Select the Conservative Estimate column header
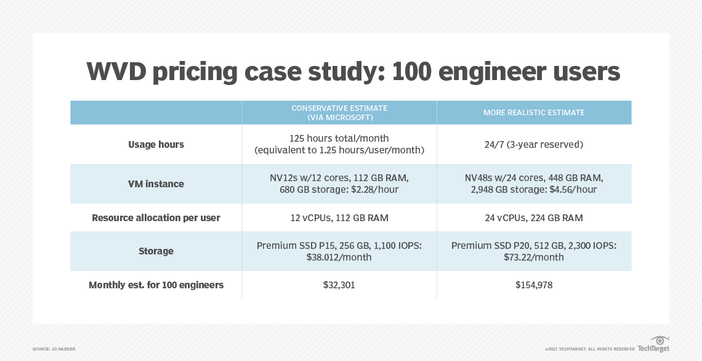click(339, 113)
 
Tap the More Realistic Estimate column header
click(534, 113)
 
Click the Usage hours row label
click(156, 144)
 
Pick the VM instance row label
click(156, 184)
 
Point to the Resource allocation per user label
click(156, 217)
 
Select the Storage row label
click(156, 251)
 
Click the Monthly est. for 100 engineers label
click(156, 285)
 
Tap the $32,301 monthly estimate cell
click(339, 285)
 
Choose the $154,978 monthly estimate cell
click(534, 285)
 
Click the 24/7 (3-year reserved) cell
click(534, 144)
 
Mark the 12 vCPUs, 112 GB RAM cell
click(339, 217)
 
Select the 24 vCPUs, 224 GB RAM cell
click(534, 217)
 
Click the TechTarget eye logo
click(660, 341)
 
